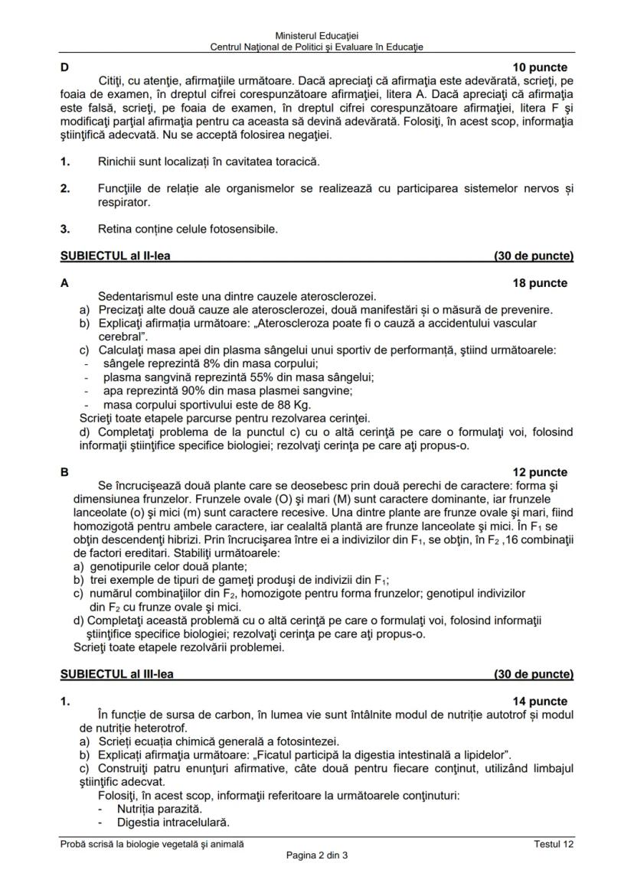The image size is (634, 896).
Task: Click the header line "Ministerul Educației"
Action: point(316,36)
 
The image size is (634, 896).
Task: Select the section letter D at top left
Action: point(64,67)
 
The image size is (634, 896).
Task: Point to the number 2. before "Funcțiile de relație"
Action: point(65,188)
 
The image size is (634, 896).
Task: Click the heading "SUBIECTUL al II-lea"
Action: point(115,256)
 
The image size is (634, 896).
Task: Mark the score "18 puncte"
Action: point(540,283)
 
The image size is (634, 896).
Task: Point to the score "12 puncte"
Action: point(540,472)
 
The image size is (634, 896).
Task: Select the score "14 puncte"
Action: point(540,701)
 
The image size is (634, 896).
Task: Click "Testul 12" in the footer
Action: point(554,844)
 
